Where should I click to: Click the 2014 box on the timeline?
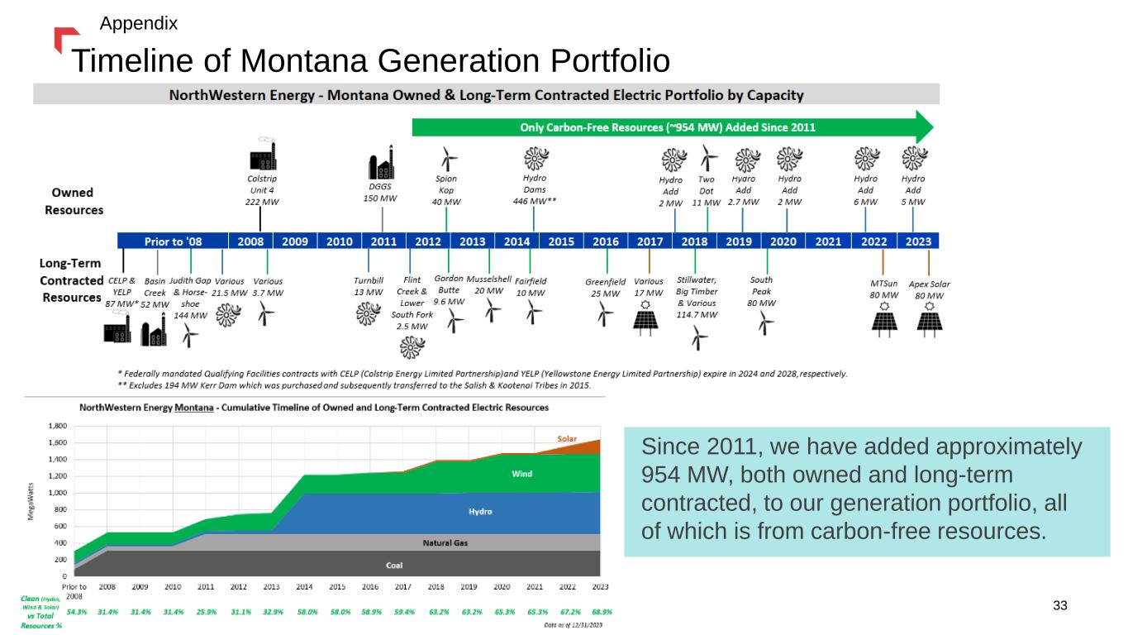(516, 241)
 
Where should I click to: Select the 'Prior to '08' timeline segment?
(173, 241)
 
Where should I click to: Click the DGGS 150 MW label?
(382, 192)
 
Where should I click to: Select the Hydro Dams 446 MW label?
(534, 189)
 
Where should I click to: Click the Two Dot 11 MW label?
(707, 190)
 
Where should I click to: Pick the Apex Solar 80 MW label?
(929, 289)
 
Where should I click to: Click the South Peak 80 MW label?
(761, 291)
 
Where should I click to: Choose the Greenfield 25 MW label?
(605, 288)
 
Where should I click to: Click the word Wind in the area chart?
(521, 474)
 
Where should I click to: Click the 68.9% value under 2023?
(600, 612)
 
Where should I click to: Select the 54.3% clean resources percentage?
(76, 612)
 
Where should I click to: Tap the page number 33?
(1060, 606)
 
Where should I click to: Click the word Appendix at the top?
(138, 23)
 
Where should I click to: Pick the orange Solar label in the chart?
(567, 438)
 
